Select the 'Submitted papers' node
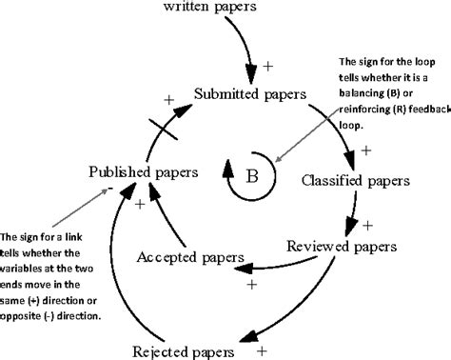(x=249, y=94)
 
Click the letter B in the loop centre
(x=252, y=174)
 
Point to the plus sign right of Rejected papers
(x=261, y=350)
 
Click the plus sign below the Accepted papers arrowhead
(x=252, y=284)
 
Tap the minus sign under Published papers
(x=111, y=190)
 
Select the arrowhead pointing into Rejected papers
(x=249, y=334)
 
